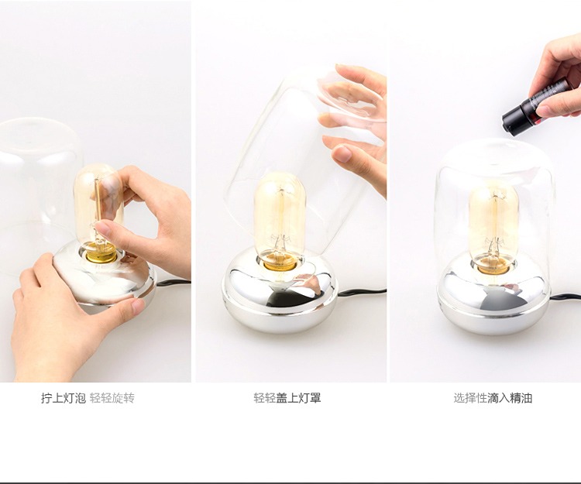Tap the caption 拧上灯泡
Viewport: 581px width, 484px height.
click(x=64, y=398)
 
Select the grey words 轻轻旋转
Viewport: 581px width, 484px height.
click(x=112, y=398)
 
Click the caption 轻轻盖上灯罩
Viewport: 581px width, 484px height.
click(x=287, y=398)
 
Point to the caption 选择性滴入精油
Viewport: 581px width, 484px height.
click(x=493, y=398)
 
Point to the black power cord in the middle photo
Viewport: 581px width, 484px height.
click(x=361, y=292)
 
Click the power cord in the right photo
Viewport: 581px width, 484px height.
click(x=566, y=297)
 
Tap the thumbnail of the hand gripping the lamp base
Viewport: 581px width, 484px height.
click(x=137, y=306)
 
